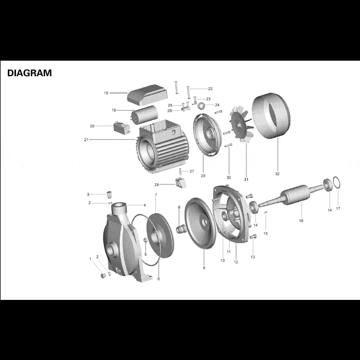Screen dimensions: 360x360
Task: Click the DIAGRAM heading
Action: [x=28, y=73]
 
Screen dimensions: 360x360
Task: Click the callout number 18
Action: [x=106, y=93]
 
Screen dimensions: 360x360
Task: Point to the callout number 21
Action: [x=85, y=140]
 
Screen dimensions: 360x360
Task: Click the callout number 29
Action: [x=203, y=175]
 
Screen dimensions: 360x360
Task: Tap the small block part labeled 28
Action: [x=179, y=181]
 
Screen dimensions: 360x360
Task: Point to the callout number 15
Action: [x=265, y=234]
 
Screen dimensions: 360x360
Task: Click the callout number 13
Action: [x=253, y=257]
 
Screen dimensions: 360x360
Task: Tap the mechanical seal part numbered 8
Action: [x=180, y=228]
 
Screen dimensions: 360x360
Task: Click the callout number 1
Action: [x=91, y=259]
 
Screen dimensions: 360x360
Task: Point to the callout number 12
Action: [x=236, y=262]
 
